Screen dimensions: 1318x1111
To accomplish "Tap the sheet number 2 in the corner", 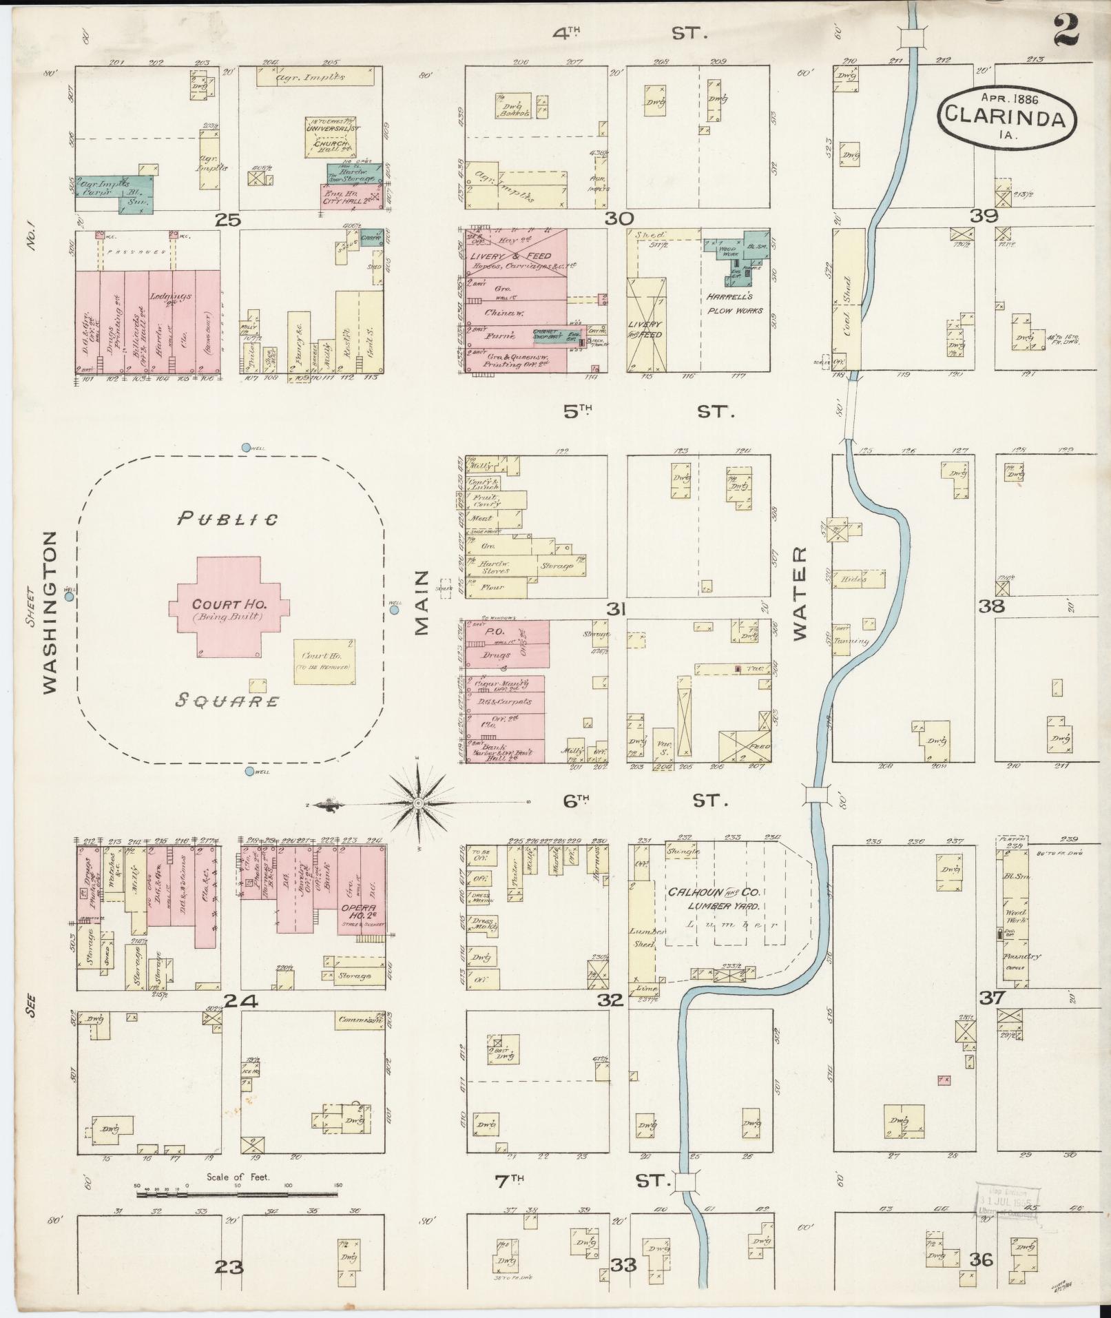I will [x=1066, y=30].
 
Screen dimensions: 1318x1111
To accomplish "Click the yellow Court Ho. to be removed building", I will [x=323, y=661].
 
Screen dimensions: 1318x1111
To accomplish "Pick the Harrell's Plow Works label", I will [x=734, y=303].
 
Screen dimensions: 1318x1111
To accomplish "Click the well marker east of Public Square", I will [x=394, y=609].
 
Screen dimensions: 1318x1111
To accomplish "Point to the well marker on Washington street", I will [x=70, y=597].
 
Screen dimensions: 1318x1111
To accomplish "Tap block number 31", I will [x=615, y=609].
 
